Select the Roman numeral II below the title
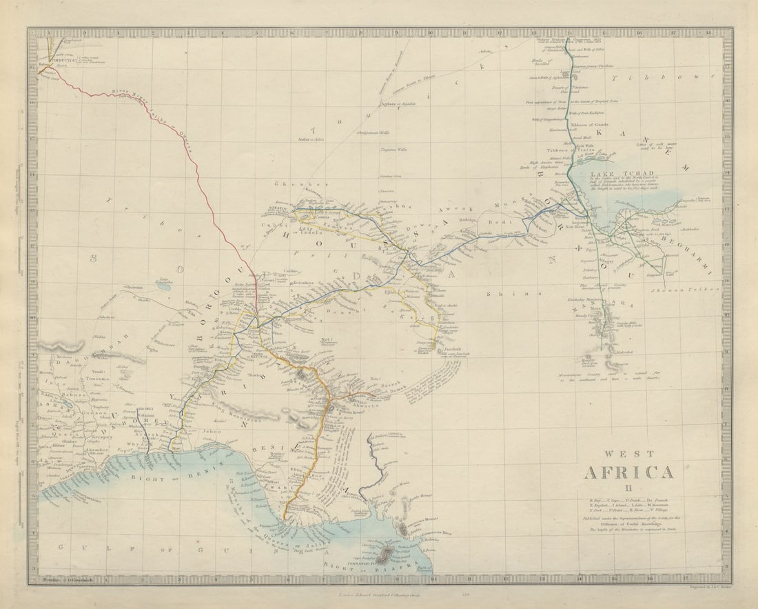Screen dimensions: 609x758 (628, 489)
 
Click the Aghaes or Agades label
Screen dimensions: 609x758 (391, 104)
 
